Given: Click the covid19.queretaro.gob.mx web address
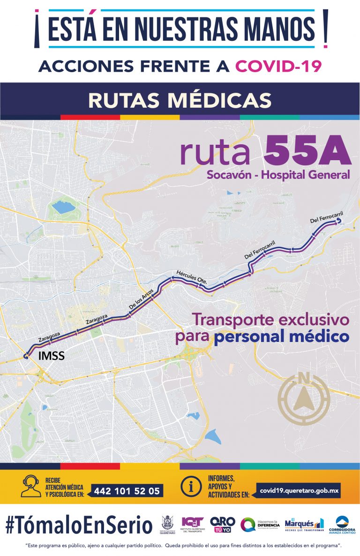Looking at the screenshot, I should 298,491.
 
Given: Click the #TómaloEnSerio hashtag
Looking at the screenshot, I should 79,524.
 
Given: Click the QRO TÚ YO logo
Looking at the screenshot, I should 223,524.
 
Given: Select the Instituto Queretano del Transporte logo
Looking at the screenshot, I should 193,525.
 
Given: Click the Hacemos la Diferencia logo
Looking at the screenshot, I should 260,525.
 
